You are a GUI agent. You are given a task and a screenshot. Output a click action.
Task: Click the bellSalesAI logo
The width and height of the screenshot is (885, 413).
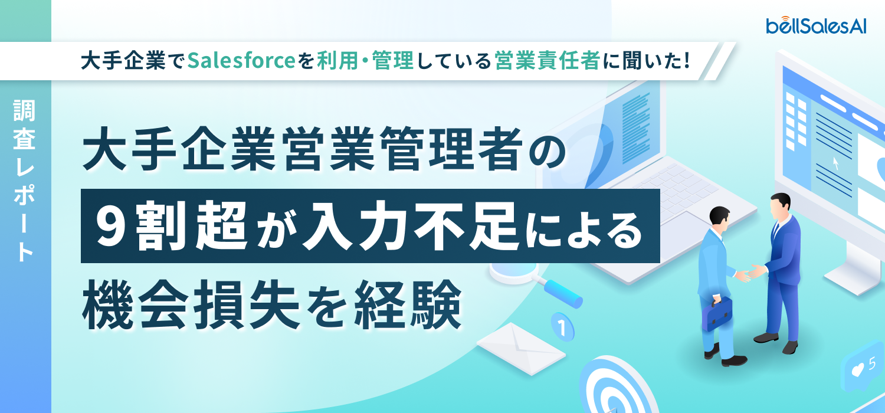816,25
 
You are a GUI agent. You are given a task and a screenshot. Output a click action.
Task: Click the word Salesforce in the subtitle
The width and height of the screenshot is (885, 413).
241,61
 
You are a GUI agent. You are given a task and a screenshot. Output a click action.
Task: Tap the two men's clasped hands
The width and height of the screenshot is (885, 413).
748,273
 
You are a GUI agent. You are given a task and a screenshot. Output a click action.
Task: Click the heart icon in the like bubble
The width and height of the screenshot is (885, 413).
858,370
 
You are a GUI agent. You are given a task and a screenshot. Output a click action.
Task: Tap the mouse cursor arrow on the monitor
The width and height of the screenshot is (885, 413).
836,163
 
